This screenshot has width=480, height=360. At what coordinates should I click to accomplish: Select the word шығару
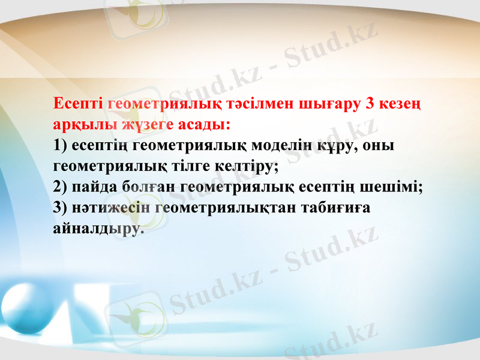click(x=329, y=104)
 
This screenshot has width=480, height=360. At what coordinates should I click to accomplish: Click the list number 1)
click(x=61, y=146)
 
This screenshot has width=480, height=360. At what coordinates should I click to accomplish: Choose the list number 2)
click(x=61, y=187)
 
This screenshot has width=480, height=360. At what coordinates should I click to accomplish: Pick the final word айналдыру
click(x=98, y=229)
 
